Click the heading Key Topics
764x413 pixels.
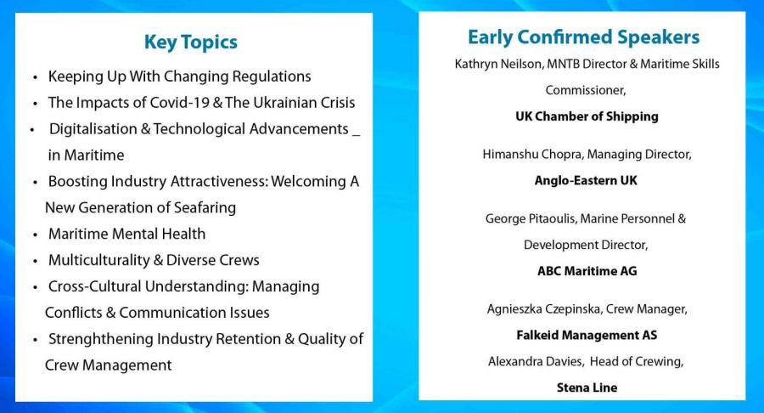pos(190,42)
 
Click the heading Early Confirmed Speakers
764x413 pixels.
pos(583,37)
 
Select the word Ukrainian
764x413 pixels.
pos(278,102)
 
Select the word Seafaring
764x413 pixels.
pos(205,207)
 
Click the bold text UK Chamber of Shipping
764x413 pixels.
pos(587,116)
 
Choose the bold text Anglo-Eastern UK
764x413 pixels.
pos(586,180)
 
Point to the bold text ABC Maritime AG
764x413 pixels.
pos(587,271)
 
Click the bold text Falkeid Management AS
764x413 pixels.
pos(587,336)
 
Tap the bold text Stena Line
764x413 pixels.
pos(587,388)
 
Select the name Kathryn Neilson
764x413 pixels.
pos(497,64)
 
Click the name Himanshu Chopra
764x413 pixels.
pos(532,155)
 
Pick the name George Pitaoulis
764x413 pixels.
pos(530,218)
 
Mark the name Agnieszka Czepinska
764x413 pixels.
pos(543,309)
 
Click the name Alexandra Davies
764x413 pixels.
pos(536,361)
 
